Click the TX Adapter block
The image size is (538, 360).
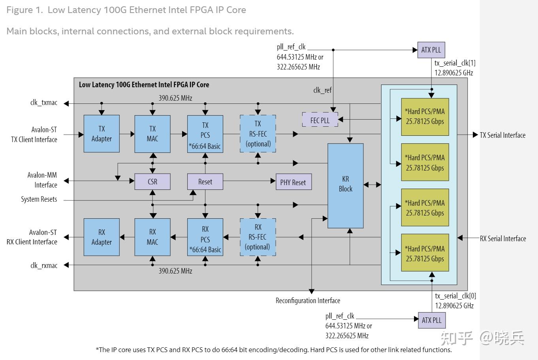click(x=102, y=134)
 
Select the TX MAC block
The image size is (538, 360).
click(x=152, y=134)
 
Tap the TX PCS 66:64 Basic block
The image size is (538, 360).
click(x=205, y=134)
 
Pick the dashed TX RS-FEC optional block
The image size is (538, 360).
click(x=258, y=134)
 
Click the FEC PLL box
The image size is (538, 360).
click(x=320, y=120)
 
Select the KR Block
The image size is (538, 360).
click(x=345, y=186)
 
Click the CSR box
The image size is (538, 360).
click(x=152, y=182)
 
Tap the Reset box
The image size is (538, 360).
click(x=205, y=182)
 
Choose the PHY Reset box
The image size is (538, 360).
click(x=293, y=182)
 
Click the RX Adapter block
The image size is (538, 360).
click(x=102, y=237)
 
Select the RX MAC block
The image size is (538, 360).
click(x=152, y=237)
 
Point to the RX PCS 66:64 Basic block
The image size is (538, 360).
click(x=205, y=237)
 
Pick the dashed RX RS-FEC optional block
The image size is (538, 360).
click(x=258, y=237)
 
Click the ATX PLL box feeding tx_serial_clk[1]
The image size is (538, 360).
click(x=431, y=50)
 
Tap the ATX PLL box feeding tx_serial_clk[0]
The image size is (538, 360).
click(x=431, y=320)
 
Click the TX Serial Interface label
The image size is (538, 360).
click(x=502, y=135)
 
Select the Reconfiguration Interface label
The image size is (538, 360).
click(x=308, y=301)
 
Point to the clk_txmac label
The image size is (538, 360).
click(x=44, y=103)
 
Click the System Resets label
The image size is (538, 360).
click(x=39, y=199)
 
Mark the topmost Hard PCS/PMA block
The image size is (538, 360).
click(x=425, y=116)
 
